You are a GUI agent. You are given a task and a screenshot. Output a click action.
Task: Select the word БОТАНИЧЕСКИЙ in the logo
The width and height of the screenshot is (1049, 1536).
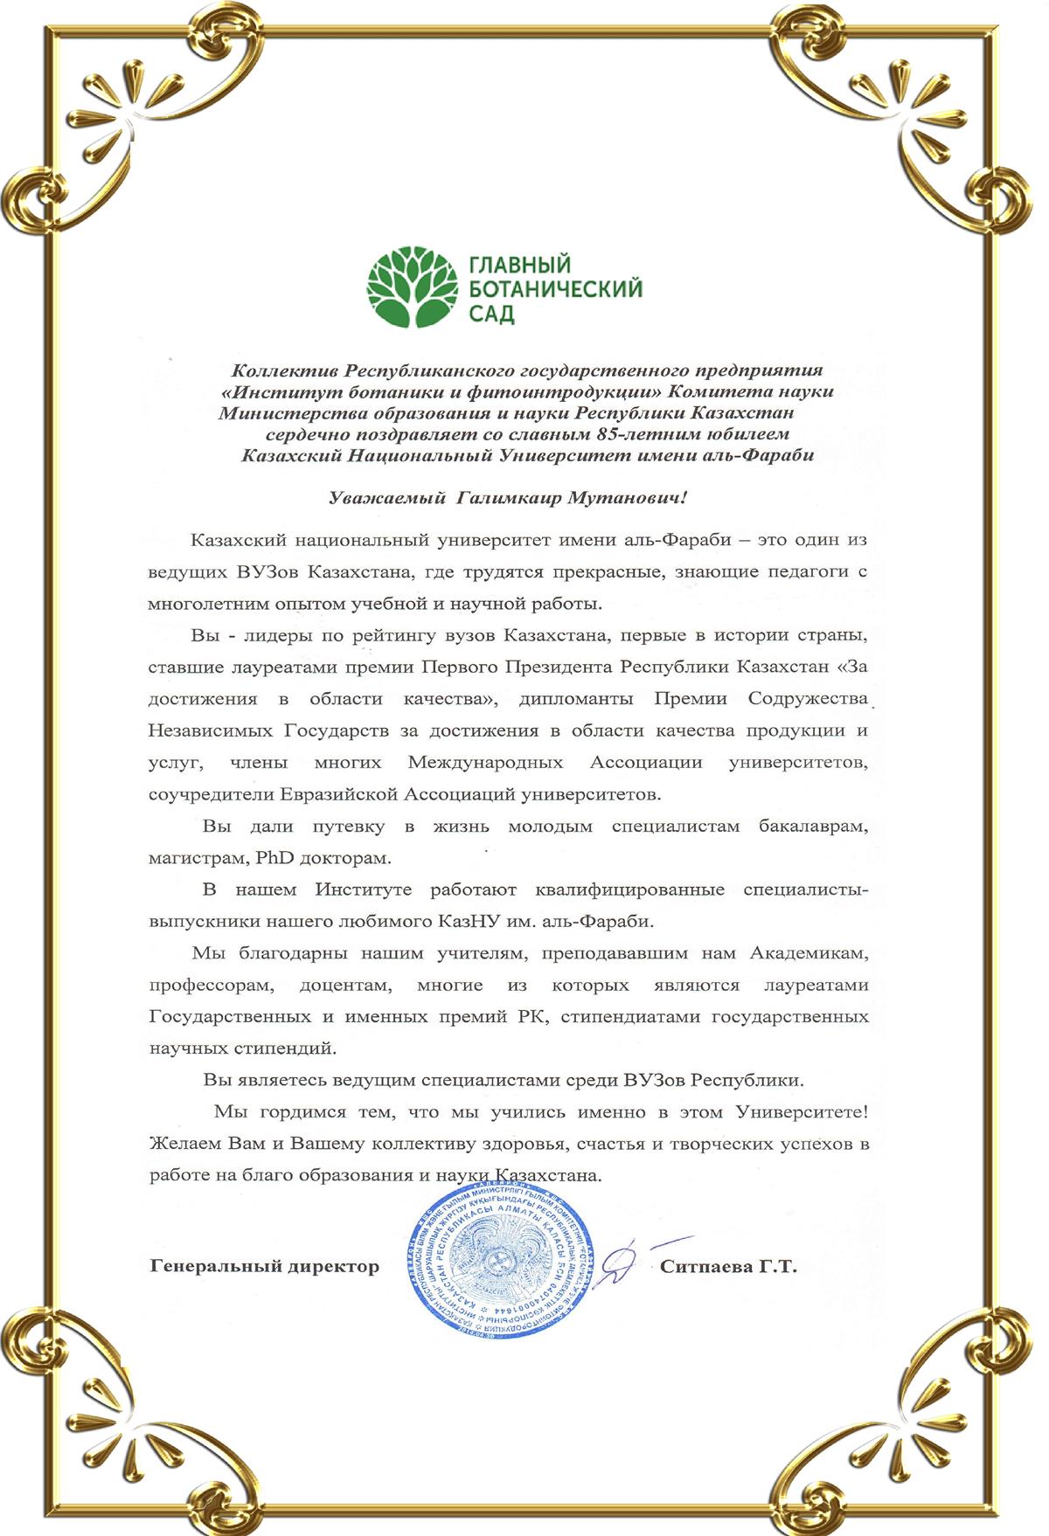point(556,289)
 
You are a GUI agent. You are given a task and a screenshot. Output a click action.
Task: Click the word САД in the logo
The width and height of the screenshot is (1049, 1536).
point(492,314)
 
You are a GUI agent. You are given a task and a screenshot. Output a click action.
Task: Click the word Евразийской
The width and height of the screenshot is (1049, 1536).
point(339,794)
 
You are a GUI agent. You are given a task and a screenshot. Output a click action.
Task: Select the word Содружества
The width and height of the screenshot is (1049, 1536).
point(809,698)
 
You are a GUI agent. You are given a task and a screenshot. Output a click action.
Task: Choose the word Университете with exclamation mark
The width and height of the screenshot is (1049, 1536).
point(802,1112)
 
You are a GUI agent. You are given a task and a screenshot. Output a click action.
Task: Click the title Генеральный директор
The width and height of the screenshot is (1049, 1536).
point(265,1266)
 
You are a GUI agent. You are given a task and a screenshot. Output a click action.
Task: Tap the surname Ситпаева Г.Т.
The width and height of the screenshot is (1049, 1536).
point(728,1266)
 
